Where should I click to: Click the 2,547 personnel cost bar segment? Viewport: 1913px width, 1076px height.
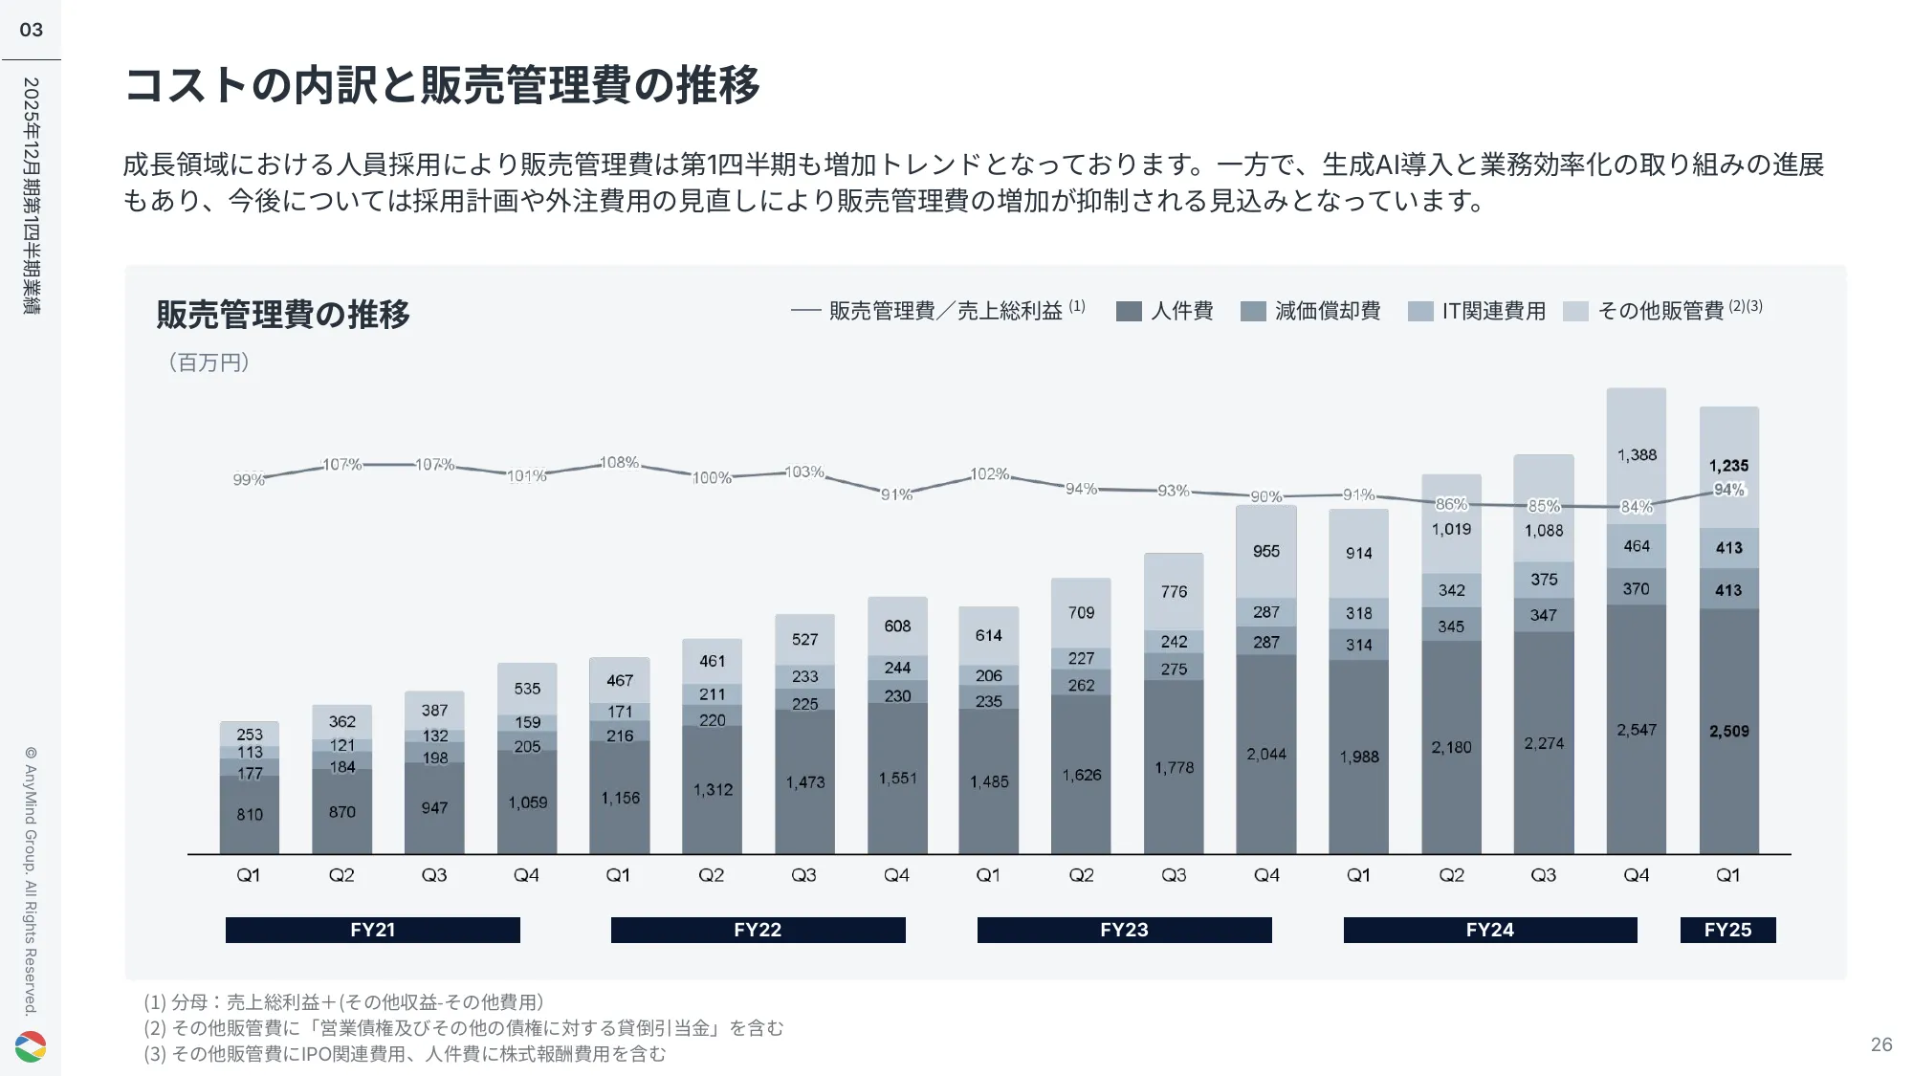click(x=1636, y=730)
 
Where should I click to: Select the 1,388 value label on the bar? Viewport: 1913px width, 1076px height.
click(x=1637, y=455)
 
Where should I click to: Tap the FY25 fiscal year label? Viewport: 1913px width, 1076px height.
click(x=1727, y=930)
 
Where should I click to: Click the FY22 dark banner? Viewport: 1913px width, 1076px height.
click(x=758, y=930)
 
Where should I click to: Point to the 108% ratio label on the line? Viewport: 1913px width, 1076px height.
click(x=619, y=463)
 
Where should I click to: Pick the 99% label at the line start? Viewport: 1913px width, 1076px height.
click(x=249, y=479)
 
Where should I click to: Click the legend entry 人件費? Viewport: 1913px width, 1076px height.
click(x=1165, y=311)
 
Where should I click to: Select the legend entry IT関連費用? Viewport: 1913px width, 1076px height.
click(x=1478, y=311)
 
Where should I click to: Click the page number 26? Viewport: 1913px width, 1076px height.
click(x=1880, y=1044)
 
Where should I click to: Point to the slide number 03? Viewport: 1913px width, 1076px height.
click(x=32, y=30)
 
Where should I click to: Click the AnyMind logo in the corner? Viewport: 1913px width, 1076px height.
click(x=31, y=1046)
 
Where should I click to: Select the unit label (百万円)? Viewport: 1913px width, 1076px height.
click(x=209, y=362)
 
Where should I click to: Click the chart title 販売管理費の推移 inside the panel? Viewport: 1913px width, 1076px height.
click(x=283, y=314)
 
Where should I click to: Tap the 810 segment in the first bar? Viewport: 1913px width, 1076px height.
click(x=250, y=814)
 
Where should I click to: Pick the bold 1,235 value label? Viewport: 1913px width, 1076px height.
click(x=1728, y=466)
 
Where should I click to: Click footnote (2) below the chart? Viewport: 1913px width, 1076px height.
click(x=464, y=1028)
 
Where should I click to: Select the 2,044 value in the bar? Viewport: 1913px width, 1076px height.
click(x=1265, y=754)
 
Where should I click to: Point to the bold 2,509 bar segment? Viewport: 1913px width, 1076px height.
click(x=1728, y=731)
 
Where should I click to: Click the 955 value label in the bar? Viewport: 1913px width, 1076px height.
click(x=1265, y=551)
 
